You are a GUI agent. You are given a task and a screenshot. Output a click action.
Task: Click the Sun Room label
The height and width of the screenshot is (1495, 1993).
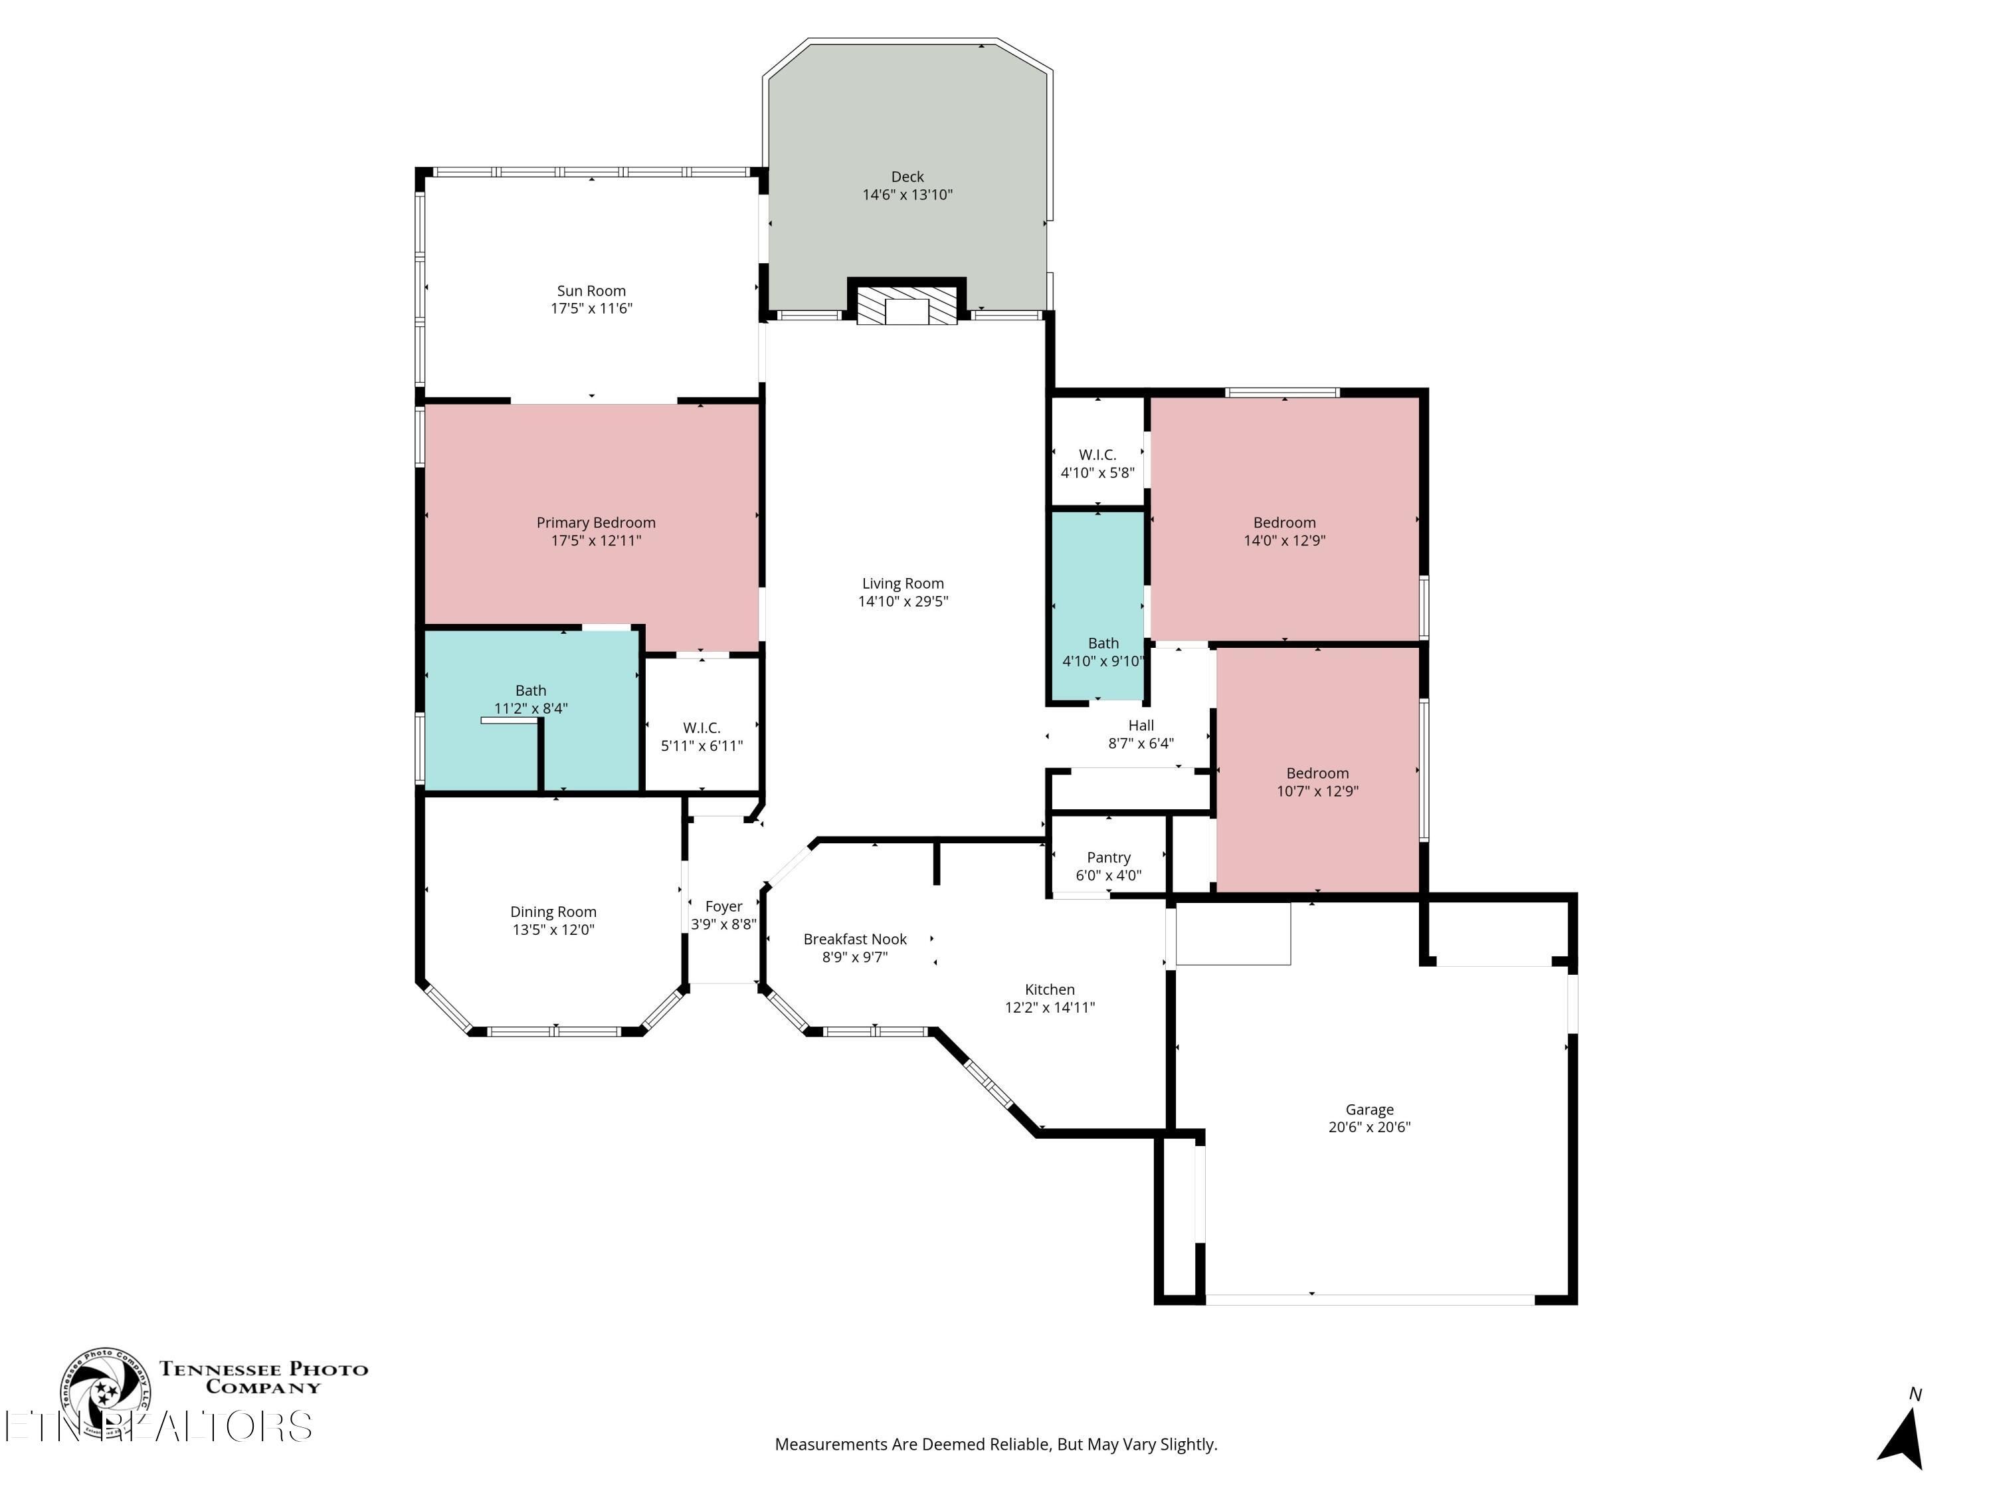point(591,291)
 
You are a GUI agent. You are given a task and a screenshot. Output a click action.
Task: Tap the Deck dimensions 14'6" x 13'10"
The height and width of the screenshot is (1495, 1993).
point(907,195)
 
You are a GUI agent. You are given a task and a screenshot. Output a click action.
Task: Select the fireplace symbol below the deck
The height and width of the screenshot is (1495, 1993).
point(906,306)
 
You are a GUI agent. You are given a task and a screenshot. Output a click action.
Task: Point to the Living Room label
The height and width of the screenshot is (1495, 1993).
point(903,584)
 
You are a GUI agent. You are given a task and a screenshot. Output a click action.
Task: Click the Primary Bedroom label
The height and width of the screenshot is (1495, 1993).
point(595,523)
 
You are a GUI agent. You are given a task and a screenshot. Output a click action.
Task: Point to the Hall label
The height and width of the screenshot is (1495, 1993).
point(1141,726)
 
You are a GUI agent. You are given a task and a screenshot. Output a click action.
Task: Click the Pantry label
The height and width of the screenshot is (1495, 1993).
point(1108,858)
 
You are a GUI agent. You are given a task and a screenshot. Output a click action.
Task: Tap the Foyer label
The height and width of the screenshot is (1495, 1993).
point(723,906)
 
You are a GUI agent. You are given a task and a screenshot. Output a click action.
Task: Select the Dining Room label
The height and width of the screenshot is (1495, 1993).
point(553,912)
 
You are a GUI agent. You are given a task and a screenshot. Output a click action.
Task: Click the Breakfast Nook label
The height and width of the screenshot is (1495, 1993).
point(855,939)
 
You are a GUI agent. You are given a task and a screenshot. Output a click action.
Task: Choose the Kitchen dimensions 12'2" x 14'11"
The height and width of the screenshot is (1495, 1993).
point(1050,1007)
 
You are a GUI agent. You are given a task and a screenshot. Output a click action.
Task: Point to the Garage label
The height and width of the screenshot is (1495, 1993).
point(1369,1110)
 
